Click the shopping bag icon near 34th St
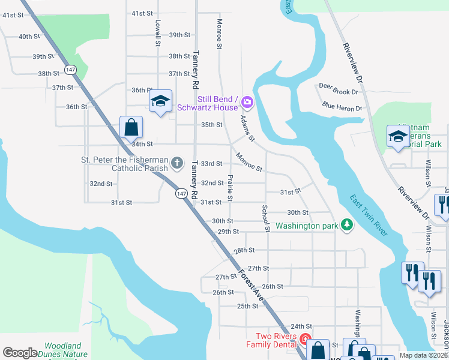click(131, 127)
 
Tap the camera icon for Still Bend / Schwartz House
click(247, 103)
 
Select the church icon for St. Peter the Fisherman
click(176, 163)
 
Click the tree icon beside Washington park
click(346, 226)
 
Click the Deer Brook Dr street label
click(338, 92)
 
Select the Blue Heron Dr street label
click(342, 108)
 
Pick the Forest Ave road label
click(251, 283)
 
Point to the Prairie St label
click(230, 188)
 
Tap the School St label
click(264, 218)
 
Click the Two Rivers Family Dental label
click(276, 340)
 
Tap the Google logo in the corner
click(20, 352)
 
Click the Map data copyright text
click(423, 355)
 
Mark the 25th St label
click(247, 306)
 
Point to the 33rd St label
click(211, 164)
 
